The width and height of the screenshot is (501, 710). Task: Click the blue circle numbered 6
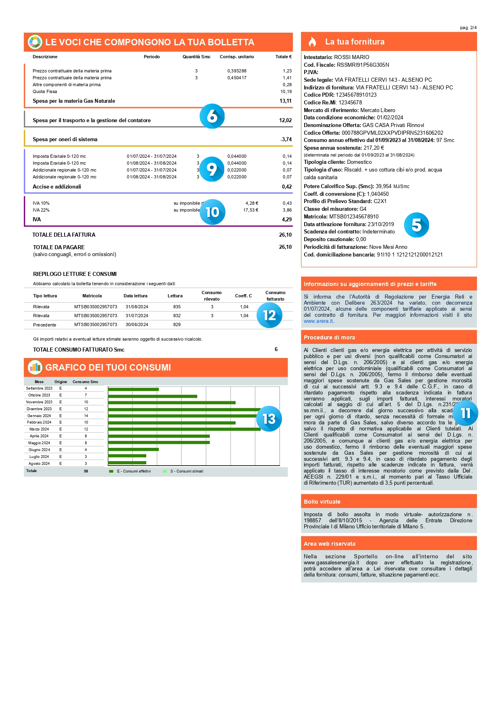click(212, 116)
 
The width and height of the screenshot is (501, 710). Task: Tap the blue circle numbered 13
click(269, 419)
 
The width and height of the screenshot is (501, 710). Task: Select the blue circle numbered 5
click(416, 225)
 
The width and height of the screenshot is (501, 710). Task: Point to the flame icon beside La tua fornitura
click(312, 42)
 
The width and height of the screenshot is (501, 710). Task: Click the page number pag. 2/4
click(468, 28)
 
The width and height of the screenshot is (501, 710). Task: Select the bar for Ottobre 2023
click(153, 396)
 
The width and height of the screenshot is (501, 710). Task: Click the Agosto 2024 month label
click(39, 464)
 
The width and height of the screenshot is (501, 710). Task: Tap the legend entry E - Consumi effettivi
click(130, 471)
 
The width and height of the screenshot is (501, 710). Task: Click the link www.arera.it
click(319, 321)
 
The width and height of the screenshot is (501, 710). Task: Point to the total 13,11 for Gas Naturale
click(286, 101)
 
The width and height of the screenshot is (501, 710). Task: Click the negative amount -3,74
click(286, 140)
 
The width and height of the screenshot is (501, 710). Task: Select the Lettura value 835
click(177, 307)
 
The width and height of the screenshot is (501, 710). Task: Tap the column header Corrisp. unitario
click(237, 57)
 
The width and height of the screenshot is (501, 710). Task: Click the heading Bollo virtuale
click(322, 502)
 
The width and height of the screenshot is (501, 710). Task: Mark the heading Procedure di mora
click(329, 337)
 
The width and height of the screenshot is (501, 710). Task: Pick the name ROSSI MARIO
click(352, 57)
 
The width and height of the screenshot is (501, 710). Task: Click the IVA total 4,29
click(287, 220)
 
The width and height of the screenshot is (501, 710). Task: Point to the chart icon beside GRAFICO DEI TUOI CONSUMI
click(35, 367)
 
